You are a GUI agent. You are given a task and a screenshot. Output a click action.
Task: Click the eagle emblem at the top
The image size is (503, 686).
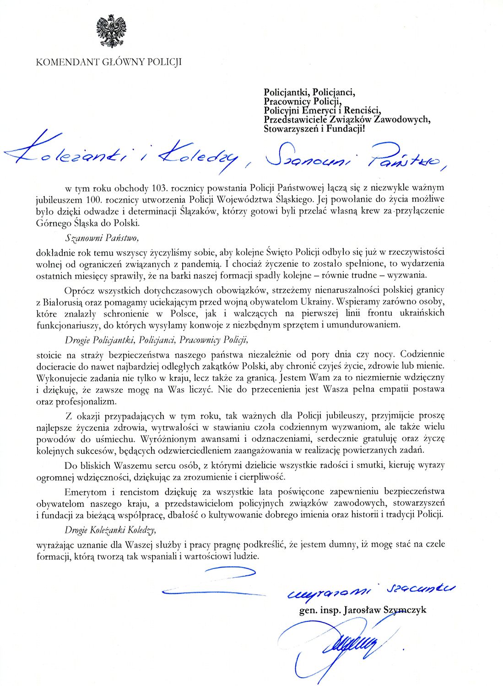[111, 31]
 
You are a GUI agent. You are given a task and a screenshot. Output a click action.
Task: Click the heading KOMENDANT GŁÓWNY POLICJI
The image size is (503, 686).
[108, 62]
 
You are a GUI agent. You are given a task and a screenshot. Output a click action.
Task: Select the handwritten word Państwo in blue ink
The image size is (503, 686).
[403, 157]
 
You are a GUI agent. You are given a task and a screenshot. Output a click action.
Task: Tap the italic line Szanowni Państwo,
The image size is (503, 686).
[101, 238]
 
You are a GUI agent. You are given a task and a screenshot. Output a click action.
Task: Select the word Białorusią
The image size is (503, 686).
[65, 301]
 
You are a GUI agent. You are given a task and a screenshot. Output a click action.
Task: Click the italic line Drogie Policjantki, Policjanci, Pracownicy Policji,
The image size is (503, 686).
[156, 340]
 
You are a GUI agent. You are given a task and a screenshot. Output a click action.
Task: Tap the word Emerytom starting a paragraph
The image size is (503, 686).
[86, 492]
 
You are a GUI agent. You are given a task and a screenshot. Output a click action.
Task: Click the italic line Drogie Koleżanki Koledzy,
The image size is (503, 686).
[110, 530]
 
